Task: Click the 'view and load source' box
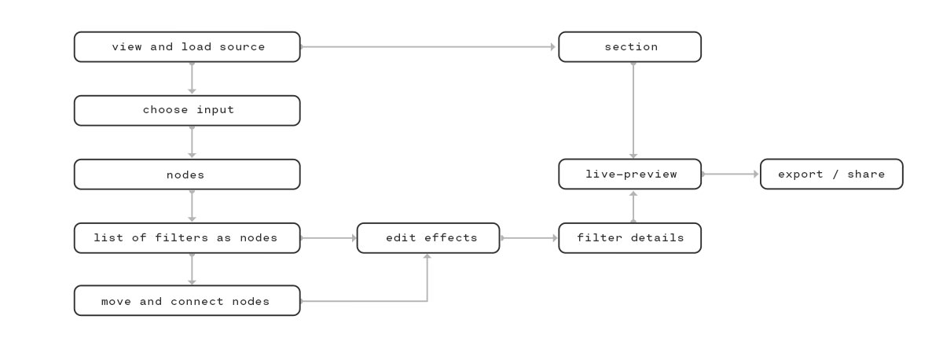tap(187, 46)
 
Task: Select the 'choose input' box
tap(187, 110)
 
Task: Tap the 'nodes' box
tap(187, 174)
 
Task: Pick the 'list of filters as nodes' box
tap(187, 238)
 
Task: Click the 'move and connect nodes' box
tap(187, 300)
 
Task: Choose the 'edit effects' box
tap(428, 238)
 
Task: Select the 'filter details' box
tap(629, 238)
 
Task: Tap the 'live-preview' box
tap(629, 174)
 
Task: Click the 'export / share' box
tap(831, 174)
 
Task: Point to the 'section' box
tap(629, 46)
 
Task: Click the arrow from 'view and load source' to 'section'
tap(428, 46)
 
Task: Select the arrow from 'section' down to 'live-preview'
tap(633, 110)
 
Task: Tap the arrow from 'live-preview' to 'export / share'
tap(730, 174)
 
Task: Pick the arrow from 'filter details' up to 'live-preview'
tap(633, 207)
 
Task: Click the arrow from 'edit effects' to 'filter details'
tap(529, 238)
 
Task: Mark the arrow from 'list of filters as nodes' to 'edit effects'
tap(328, 238)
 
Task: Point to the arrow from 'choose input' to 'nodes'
tap(192, 142)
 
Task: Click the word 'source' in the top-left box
tap(242, 47)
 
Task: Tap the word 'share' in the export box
tap(866, 174)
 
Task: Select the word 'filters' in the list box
tap(182, 238)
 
